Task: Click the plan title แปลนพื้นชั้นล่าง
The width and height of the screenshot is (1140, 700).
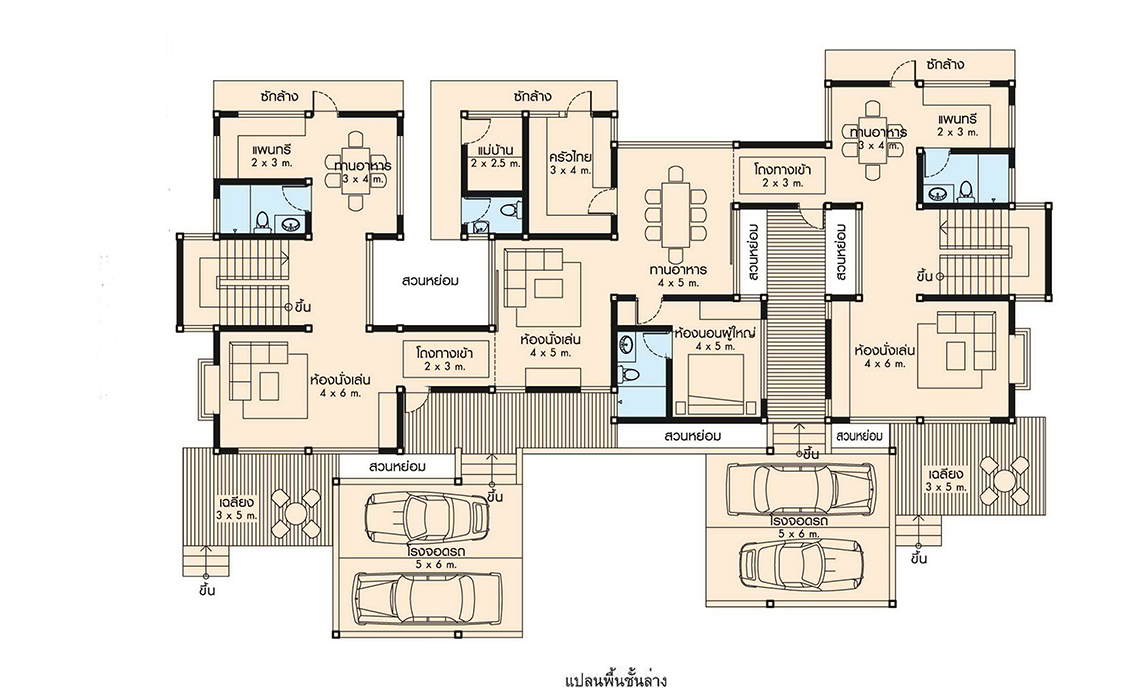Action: point(615,681)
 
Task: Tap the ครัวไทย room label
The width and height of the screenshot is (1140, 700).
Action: point(571,157)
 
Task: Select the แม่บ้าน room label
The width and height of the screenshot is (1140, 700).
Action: point(496,150)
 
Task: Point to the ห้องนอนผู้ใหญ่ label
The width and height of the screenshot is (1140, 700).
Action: point(715,334)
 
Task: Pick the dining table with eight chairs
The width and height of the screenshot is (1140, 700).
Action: point(676,215)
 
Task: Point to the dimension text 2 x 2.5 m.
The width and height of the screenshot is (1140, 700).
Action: point(495,164)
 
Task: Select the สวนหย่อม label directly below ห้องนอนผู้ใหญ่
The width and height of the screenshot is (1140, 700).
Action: point(692,436)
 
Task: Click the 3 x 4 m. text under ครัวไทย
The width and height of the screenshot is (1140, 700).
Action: point(571,171)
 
